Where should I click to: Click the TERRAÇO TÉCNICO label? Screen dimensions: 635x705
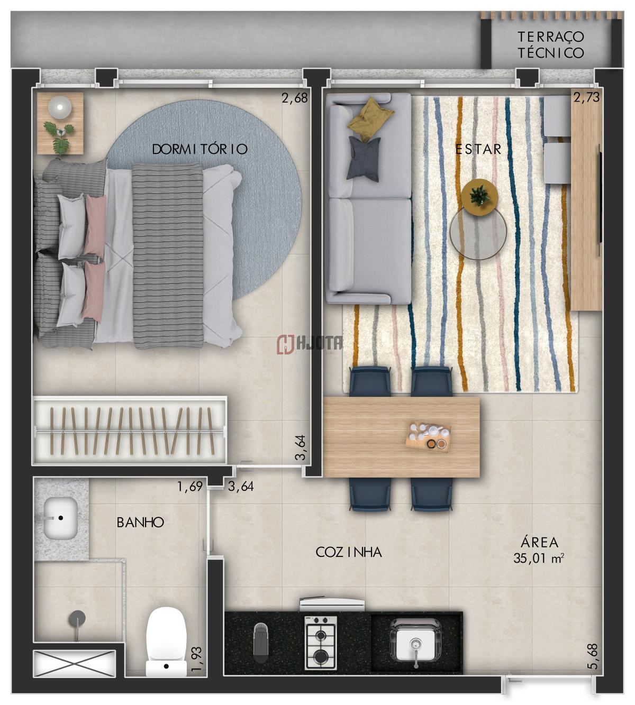pyautogui.click(x=550, y=44)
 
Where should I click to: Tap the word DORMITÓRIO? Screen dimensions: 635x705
pyautogui.click(x=200, y=149)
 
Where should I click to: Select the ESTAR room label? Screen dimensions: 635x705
pyautogui.click(x=478, y=149)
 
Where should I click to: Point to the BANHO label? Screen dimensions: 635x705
pyautogui.click(x=140, y=522)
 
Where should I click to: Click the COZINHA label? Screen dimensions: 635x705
pyautogui.click(x=349, y=552)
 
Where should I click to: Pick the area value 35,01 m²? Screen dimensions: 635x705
pyautogui.click(x=539, y=569)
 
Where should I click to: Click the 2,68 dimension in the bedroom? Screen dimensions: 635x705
pyautogui.click(x=294, y=98)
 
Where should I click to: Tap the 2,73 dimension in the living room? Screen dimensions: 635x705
pyautogui.click(x=586, y=97)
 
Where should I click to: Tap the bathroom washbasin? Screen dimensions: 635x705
pyautogui.click(x=60, y=518)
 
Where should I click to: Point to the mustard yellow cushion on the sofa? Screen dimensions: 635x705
pyautogui.click(x=370, y=115)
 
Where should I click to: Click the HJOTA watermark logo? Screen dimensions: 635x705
pyautogui.click(x=309, y=344)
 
